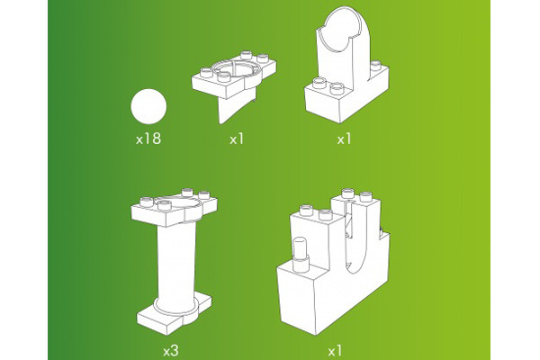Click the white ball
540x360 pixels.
point(148,106)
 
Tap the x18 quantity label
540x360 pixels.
point(148,139)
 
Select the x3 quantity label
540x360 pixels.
point(171,351)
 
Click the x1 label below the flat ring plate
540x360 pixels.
point(237,139)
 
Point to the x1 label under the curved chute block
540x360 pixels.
point(344,139)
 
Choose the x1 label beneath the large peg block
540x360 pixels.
point(335,351)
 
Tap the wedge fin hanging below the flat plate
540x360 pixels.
point(236,105)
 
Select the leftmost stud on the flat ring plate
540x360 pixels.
point(206,73)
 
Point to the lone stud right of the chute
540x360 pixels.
point(375,66)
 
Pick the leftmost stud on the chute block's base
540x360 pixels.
point(319,83)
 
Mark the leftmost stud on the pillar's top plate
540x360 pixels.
point(146,201)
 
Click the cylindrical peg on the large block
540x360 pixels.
point(301,254)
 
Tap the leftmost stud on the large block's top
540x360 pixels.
point(306,210)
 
